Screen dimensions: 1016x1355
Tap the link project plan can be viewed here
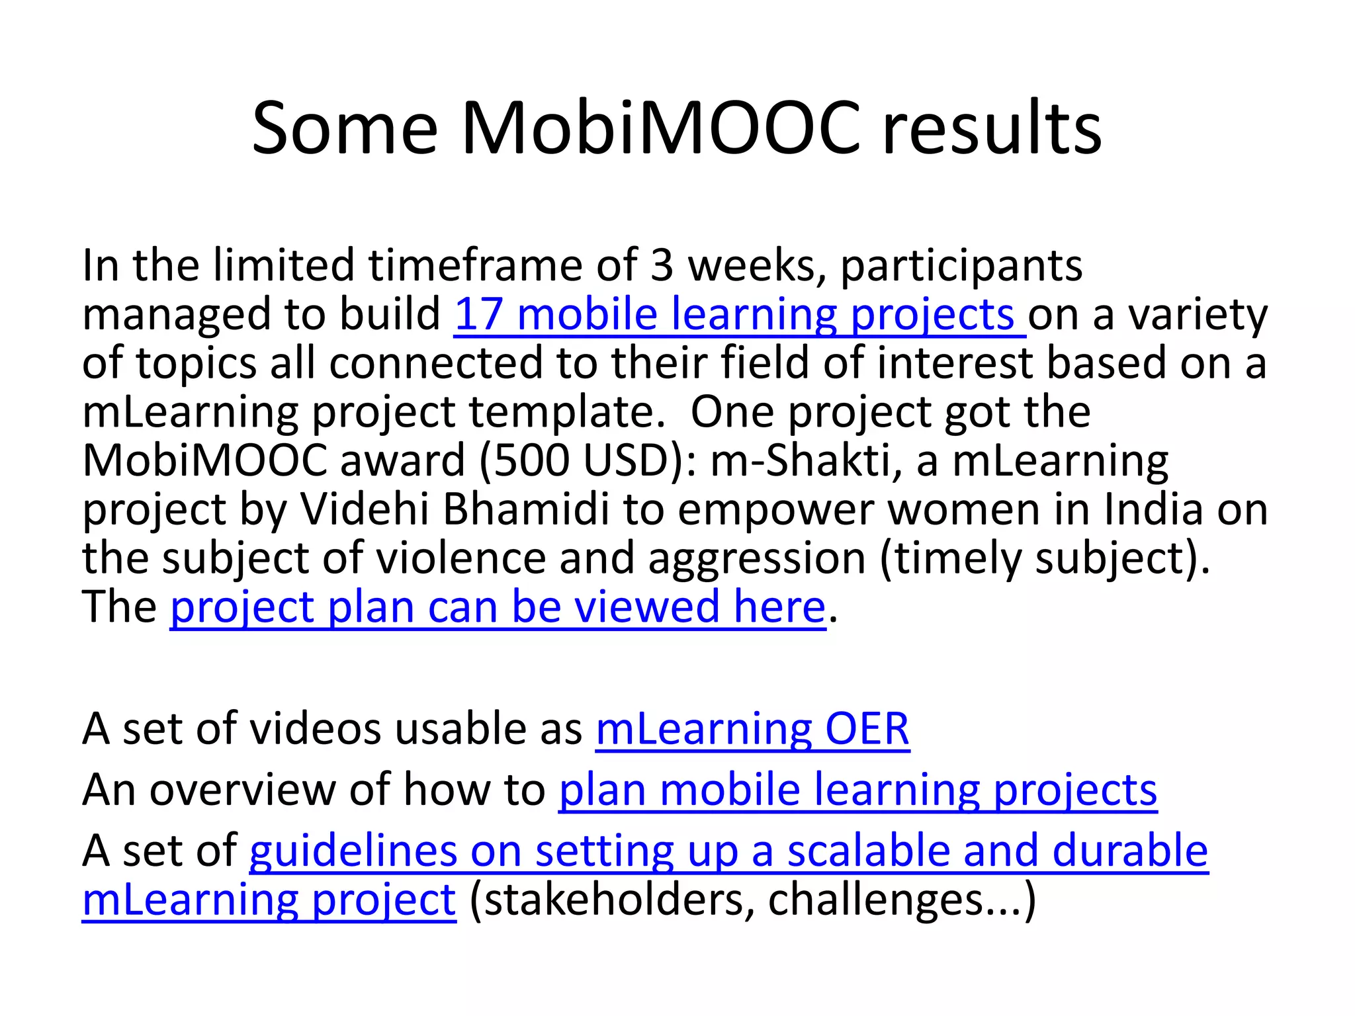(498, 607)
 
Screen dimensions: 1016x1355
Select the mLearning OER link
(752, 729)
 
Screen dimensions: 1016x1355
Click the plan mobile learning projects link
(857, 790)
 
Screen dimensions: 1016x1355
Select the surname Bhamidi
(526, 509)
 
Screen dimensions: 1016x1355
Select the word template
(566, 411)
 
